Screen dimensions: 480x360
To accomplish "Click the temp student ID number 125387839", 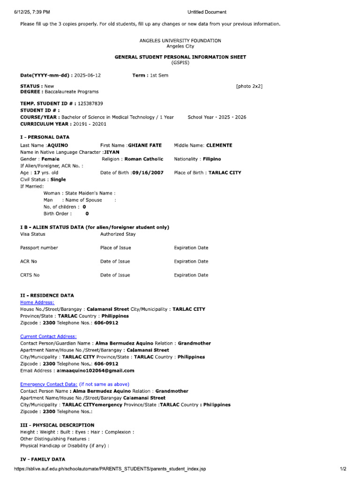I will point(87,103).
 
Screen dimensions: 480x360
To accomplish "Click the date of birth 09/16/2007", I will point(148,172).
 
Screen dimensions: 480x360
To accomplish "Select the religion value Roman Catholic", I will point(144,159).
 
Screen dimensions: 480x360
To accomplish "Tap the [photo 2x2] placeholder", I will point(249,86).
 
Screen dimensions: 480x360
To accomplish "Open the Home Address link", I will point(37,302).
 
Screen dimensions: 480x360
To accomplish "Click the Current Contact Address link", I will point(48,336).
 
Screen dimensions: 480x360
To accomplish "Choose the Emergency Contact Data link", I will point(49,384).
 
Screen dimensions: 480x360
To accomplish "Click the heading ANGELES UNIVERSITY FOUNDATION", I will point(180,41).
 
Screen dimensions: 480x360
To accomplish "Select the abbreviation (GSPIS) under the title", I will point(180,62).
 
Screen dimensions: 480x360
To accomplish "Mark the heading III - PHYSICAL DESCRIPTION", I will point(57,425).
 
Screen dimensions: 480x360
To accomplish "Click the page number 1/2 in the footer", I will point(343,469).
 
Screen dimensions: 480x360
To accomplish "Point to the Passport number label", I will point(39,247).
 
